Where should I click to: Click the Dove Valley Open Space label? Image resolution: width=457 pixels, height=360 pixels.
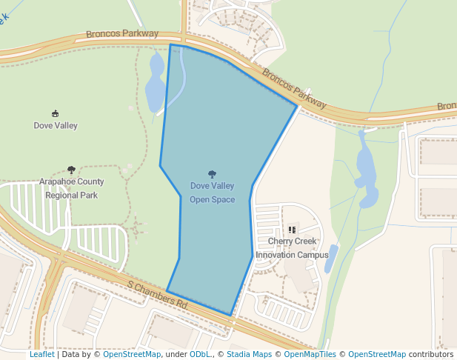point(212,193)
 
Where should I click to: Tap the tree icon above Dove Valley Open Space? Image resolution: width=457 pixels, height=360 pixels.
point(212,175)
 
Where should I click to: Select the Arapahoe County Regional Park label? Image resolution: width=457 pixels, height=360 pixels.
point(71,188)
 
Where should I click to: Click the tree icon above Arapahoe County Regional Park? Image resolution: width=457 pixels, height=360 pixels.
point(71,170)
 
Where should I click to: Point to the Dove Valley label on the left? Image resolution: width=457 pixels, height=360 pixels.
point(56,125)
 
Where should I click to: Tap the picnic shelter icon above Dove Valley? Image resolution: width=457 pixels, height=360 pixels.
point(56,113)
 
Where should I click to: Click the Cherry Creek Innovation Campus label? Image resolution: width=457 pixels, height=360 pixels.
point(292,247)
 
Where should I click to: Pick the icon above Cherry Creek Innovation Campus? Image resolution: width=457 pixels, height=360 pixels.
point(292,230)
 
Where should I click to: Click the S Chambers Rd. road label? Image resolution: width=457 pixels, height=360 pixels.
point(158,295)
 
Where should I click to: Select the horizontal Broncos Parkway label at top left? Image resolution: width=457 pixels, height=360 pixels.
point(122,34)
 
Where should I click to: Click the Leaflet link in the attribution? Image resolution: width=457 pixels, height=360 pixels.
point(41,354)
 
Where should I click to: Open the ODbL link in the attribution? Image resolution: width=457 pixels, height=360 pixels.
point(200,354)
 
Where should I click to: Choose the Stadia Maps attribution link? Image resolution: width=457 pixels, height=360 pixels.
point(249,354)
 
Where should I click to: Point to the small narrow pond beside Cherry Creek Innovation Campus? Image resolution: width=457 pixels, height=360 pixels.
point(331,259)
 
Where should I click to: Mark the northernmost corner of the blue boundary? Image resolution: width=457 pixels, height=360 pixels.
point(170,45)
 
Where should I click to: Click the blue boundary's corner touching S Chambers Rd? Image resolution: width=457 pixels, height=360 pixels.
point(230,315)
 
